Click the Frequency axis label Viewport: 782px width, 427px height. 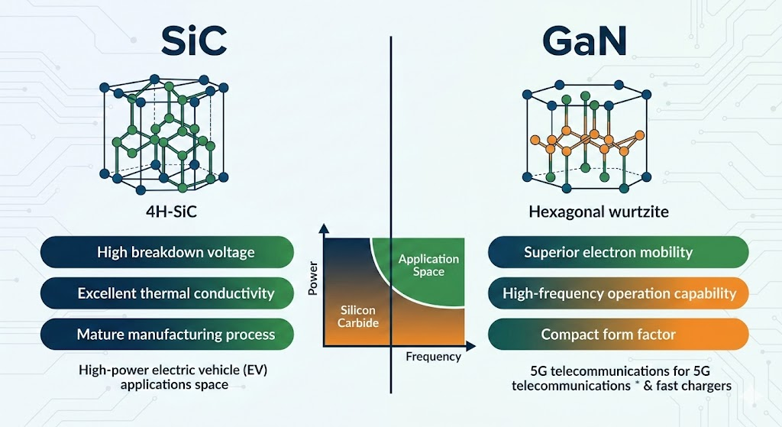coord(433,357)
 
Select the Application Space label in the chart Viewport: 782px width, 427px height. coord(428,265)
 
